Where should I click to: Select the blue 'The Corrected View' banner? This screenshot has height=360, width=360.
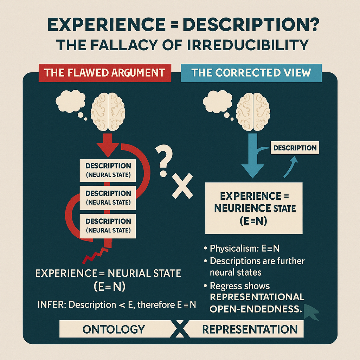[x=251, y=72]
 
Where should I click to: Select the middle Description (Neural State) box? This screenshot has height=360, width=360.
[x=108, y=198]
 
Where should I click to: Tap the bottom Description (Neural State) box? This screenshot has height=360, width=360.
[x=108, y=226]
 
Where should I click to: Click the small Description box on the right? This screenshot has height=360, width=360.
[x=295, y=148]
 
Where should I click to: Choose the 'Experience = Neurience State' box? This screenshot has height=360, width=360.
[x=253, y=208]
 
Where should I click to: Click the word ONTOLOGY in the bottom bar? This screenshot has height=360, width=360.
[x=114, y=329]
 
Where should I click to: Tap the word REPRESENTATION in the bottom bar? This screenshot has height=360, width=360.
[x=250, y=329]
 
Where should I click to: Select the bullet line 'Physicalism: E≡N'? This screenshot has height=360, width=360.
[x=244, y=248]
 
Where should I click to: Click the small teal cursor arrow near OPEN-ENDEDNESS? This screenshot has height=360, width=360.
[x=312, y=311]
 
